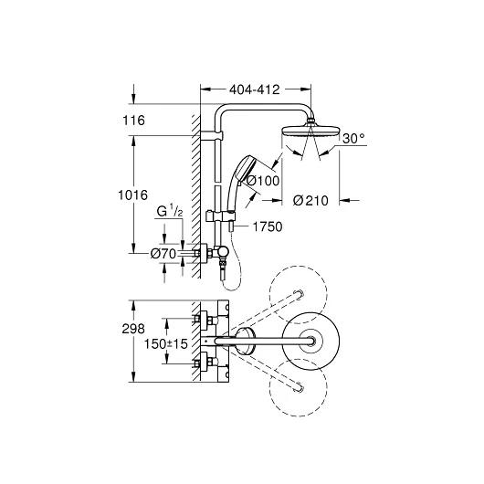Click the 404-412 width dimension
point(255,89)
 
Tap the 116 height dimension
point(133,120)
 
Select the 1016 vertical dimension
point(133,195)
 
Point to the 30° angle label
point(353,139)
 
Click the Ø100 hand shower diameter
point(263,181)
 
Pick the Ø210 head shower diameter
point(310,201)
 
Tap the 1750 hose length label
point(268,226)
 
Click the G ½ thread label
point(170,212)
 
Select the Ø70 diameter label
point(163,254)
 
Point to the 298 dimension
point(133,329)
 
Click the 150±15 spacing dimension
point(166,344)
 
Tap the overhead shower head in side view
point(310,130)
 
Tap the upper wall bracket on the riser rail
point(212,135)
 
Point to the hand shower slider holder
point(221,216)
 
